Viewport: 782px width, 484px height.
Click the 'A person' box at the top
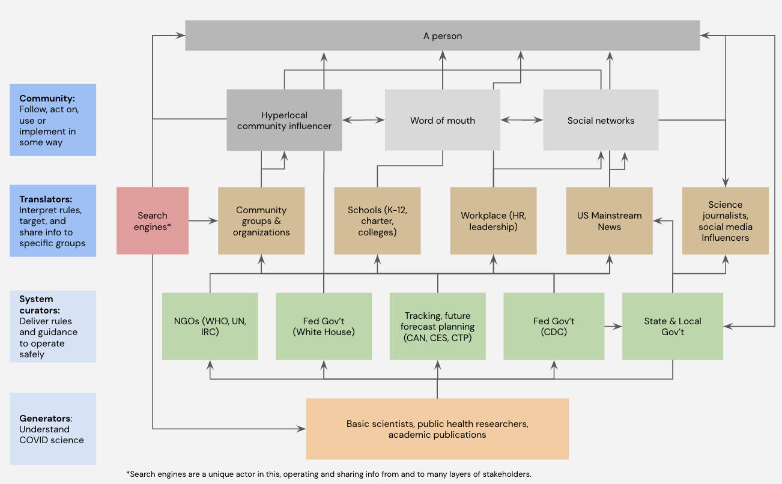(442, 35)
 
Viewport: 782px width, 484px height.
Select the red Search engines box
(153, 220)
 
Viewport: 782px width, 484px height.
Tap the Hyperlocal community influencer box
(284, 120)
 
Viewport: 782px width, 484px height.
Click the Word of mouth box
(442, 120)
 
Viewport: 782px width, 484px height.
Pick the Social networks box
(601, 120)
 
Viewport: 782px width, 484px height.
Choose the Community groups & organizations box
(261, 220)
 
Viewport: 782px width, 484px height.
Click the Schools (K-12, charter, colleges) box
(377, 220)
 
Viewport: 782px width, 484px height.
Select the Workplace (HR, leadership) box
(493, 220)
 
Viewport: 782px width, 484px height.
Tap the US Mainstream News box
(609, 220)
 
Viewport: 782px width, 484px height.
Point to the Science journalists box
(725, 220)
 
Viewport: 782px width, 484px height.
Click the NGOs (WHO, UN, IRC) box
(210, 326)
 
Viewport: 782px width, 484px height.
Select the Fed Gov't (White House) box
(324, 326)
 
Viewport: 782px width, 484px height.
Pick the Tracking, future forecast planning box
(437, 326)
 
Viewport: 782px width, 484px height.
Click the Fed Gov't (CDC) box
(554, 326)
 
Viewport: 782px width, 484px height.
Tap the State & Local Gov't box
(672, 326)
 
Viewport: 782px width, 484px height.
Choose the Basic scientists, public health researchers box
(437, 429)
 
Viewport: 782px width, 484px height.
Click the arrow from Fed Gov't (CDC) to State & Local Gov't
(613, 327)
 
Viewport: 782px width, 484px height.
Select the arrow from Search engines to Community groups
(203, 221)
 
